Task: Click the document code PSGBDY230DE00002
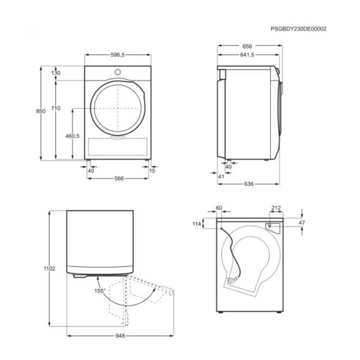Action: (298, 28)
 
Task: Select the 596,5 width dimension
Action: (118, 55)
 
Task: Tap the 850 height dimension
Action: (41, 112)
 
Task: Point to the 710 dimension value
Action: (56, 108)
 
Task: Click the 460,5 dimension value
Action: (72, 136)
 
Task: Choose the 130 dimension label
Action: (56, 73)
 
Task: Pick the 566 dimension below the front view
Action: (119, 178)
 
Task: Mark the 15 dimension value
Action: (152, 170)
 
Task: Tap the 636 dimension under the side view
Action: (248, 184)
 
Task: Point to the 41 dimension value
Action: (221, 176)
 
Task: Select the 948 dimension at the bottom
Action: (120, 336)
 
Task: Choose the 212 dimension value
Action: (275, 208)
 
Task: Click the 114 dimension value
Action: (197, 224)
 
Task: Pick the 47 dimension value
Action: (302, 222)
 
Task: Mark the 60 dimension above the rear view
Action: (219, 208)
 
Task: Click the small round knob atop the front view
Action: (118, 72)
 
